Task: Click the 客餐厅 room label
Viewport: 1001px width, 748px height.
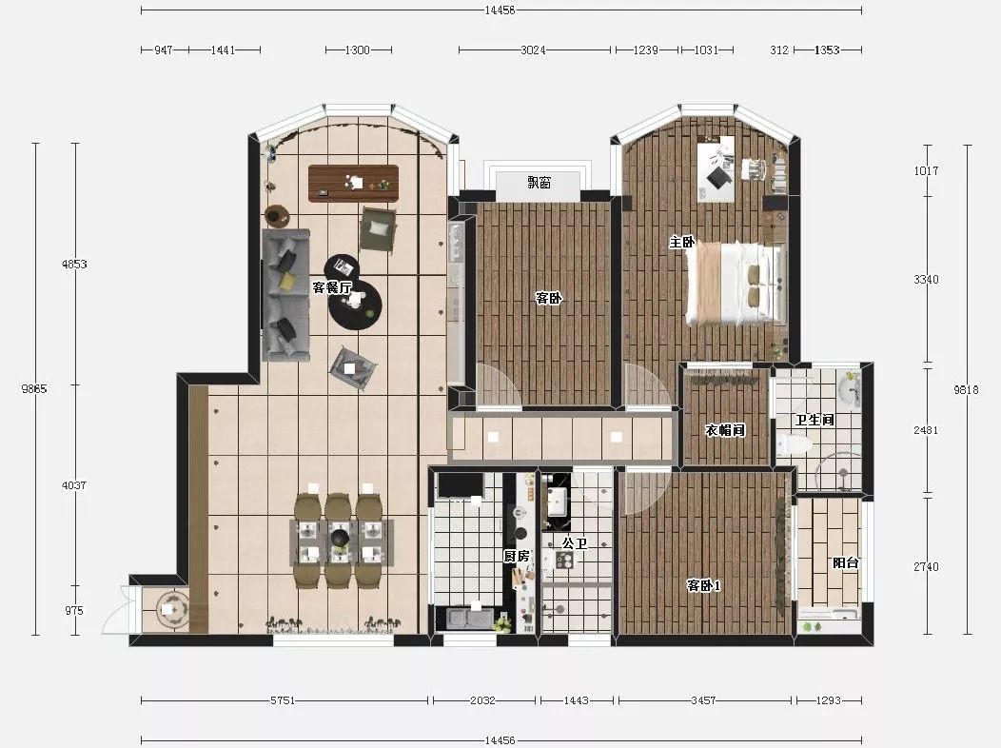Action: (332, 287)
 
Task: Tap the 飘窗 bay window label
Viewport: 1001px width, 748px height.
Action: (539, 183)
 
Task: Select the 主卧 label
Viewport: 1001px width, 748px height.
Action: (682, 242)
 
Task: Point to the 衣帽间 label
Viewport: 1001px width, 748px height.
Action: (725, 429)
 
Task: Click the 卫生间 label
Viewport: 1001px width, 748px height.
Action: (815, 420)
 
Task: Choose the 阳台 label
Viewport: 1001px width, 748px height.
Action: (845, 563)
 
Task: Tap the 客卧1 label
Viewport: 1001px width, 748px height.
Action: (703, 585)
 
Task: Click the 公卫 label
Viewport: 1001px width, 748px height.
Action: (575, 543)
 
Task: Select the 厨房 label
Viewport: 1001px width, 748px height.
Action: (517, 557)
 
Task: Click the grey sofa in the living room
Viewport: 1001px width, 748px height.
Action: (285, 295)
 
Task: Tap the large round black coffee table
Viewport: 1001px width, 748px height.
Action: (355, 304)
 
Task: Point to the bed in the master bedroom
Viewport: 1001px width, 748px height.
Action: (735, 284)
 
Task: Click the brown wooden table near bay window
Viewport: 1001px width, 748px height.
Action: (353, 183)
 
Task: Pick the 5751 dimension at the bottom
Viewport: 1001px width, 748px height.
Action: (283, 700)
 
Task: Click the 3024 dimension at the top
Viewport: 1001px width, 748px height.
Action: (533, 49)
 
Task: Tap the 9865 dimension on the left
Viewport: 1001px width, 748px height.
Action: (34, 388)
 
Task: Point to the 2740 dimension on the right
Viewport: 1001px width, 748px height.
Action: (926, 567)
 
